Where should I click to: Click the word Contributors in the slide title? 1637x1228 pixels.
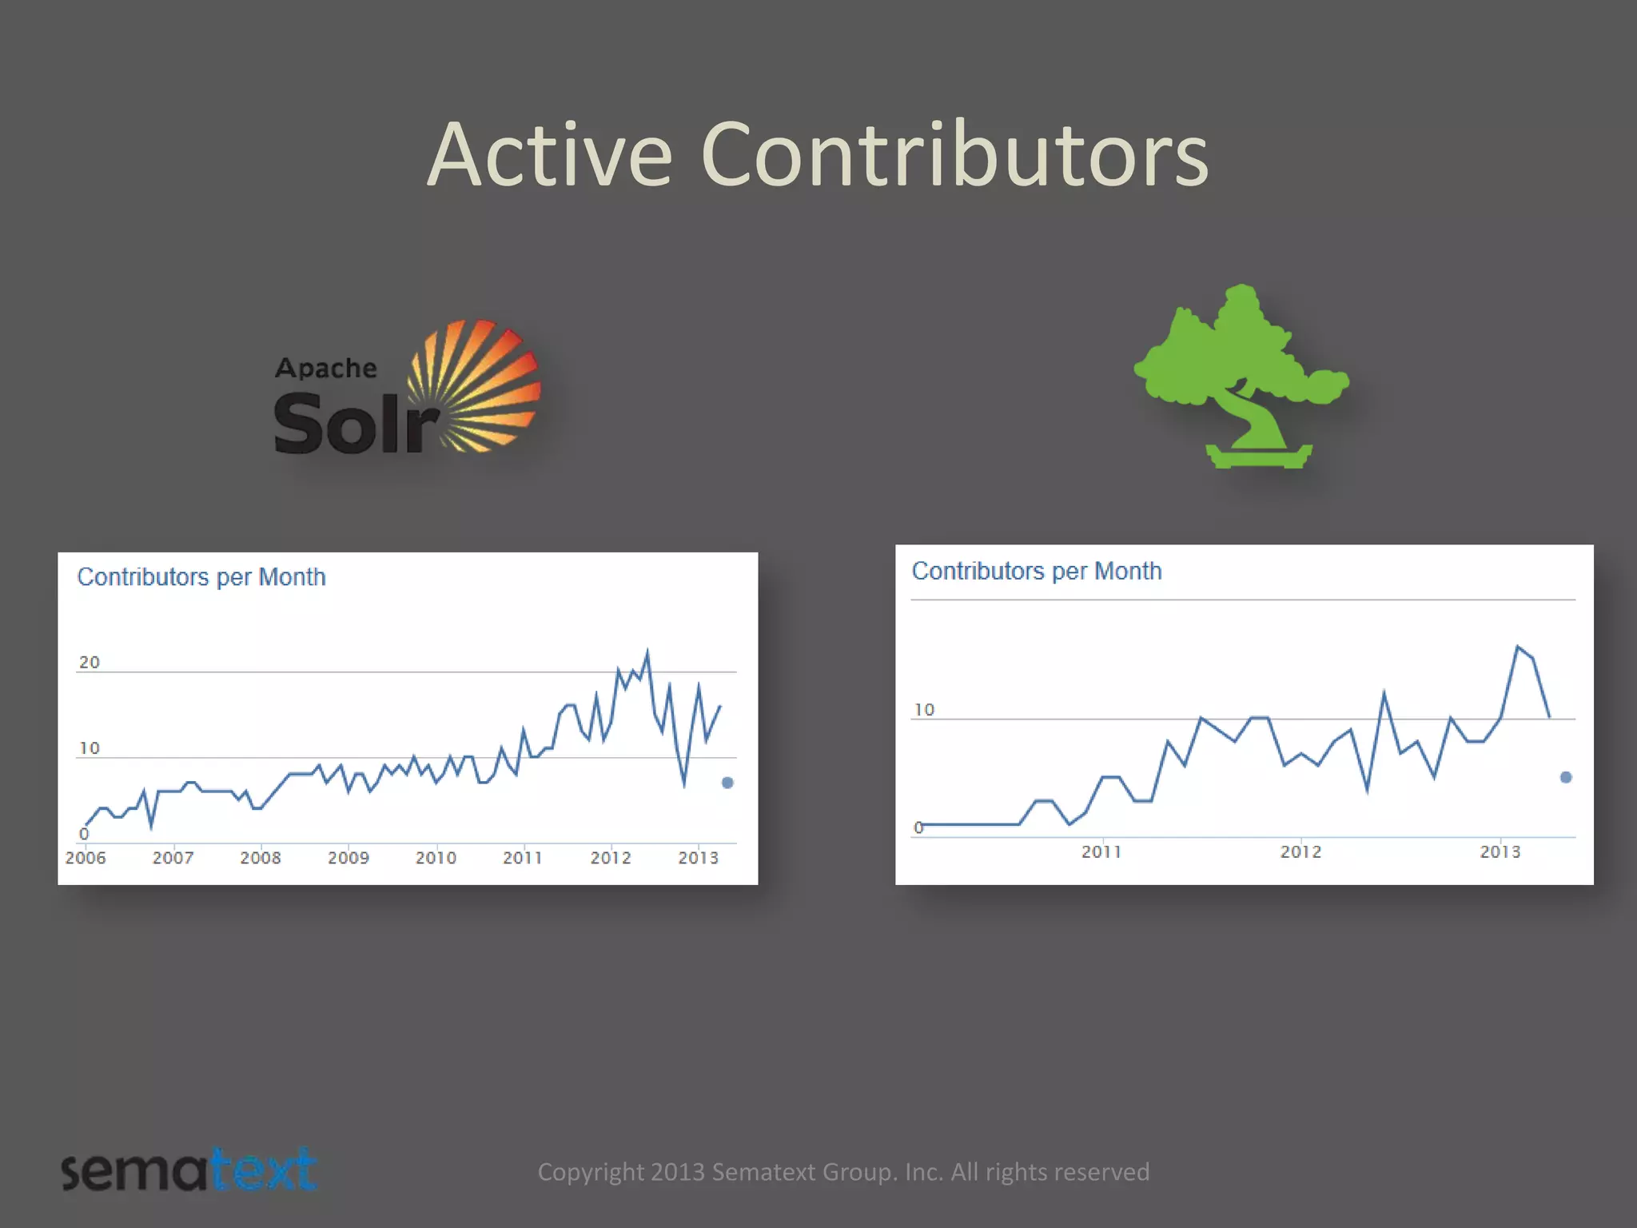(954, 154)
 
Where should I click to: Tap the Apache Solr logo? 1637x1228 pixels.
(407, 389)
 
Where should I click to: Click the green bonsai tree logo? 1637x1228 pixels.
(1241, 376)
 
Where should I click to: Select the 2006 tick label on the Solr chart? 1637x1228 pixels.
(86, 858)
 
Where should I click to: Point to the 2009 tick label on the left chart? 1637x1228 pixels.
(349, 858)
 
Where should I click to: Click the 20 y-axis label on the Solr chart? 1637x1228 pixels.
(90, 662)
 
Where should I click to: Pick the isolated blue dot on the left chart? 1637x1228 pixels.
(727, 783)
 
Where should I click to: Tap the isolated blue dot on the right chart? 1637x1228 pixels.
(1566, 777)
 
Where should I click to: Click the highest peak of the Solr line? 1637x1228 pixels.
(647, 652)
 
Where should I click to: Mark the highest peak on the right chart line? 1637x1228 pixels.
(1517, 646)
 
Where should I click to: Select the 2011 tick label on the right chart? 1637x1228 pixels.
(1101, 852)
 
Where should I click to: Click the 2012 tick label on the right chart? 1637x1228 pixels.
(1300, 852)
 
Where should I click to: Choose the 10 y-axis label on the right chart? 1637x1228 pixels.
(924, 710)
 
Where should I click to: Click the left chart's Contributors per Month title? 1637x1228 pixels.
(201, 577)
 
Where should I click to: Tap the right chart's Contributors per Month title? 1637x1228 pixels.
(1037, 571)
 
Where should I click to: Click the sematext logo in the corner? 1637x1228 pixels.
(189, 1170)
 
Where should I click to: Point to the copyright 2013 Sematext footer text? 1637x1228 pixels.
(843, 1172)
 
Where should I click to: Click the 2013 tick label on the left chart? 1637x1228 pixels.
(698, 858)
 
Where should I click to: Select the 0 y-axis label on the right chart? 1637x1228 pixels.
(918, 827)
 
